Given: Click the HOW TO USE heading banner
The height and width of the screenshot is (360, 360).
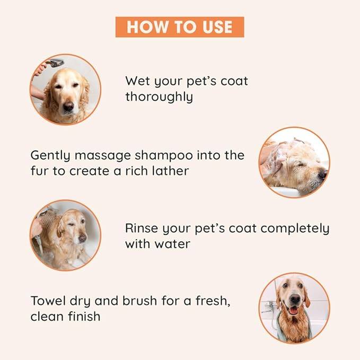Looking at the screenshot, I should tap(180, 27).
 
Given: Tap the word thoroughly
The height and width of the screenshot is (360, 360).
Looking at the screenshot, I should tap(159, 98).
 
